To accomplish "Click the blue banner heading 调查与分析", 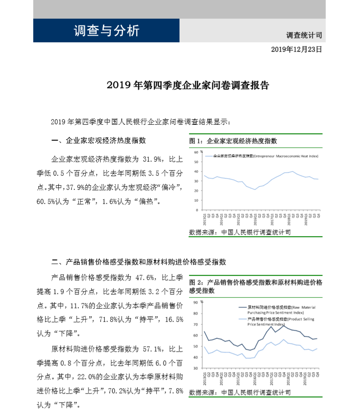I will click(106, 31).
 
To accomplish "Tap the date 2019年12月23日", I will click(296, 49).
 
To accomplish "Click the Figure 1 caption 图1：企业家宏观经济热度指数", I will click(233, 141).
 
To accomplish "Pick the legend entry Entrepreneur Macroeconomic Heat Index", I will click(262, 156).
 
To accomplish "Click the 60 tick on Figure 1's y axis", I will click(195, 152).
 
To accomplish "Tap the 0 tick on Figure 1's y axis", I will click(197, 210).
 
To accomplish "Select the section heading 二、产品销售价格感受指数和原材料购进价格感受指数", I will click(139, 262).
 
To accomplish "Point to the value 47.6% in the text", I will click(145, 277).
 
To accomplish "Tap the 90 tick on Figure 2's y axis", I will click(195, 302).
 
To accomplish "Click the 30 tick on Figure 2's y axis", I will click(195, 368).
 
